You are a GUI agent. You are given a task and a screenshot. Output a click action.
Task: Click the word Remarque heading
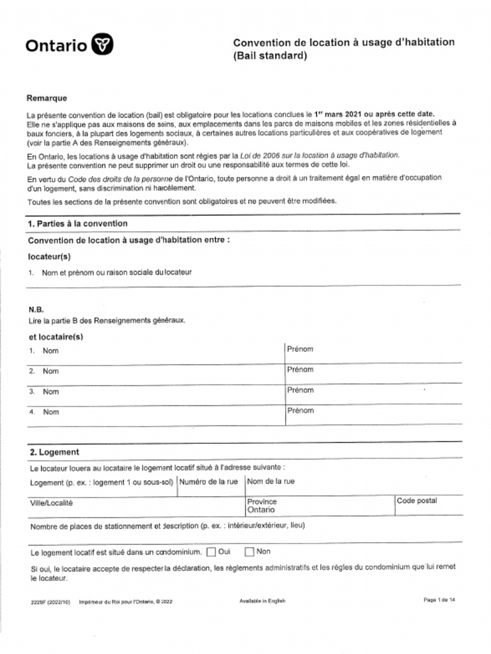[47, 98]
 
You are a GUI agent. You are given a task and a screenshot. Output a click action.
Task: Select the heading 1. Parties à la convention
[77, 224]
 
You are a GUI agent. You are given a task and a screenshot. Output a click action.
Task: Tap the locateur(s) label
[49, 256]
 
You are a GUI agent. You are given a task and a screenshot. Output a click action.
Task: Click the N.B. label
[36, 309]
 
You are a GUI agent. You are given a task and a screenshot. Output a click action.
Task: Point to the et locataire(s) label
[56, 337]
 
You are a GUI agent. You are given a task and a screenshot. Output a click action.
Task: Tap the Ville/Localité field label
[52, 503]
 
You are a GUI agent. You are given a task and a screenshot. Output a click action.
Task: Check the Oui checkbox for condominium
[212, 552]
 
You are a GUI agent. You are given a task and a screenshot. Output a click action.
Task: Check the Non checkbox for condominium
[250, 552]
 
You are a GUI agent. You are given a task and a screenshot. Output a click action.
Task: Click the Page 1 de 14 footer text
[439, 600]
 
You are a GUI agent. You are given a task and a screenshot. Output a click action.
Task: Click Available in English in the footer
[262, 600]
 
